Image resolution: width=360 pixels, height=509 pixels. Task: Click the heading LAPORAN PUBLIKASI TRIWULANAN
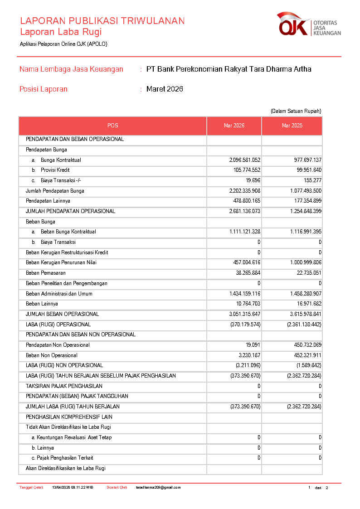[x=102, y=21]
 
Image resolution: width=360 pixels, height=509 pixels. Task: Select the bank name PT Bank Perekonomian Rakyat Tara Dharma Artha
[x=229, y=69]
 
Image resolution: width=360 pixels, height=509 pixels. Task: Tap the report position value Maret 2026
[x=165, y=89]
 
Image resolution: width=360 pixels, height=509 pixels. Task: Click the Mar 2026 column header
[x=234, y=126]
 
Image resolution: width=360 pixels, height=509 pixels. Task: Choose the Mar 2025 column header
[x=292, y=126]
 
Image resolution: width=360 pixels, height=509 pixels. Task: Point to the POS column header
[x=112, y=126]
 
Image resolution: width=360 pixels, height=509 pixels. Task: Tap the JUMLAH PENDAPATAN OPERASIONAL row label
[x=70, y=211]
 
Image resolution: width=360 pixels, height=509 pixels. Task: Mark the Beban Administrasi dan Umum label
[x=59, y=294]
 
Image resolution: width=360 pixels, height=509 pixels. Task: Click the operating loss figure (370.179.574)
[x=245, y=325]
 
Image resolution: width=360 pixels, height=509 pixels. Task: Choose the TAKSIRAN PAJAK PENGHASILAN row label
[x=64, y=386]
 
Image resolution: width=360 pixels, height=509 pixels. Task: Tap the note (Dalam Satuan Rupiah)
[x=296, y=111]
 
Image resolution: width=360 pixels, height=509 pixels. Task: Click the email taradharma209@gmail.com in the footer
[x=158, y=488]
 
